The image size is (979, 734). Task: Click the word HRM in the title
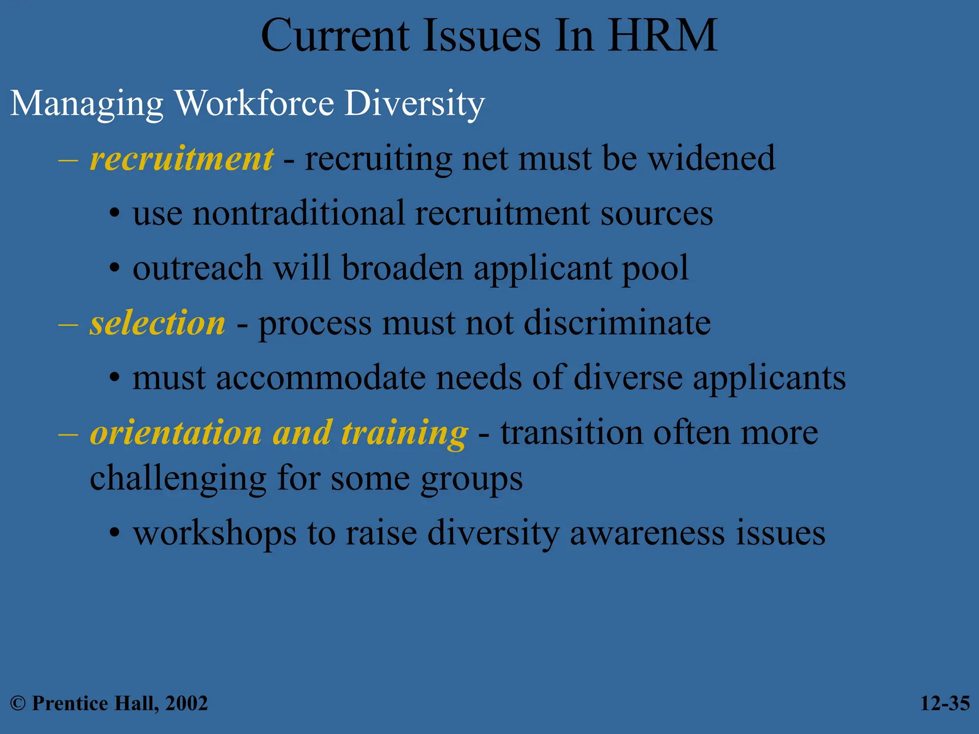click(x=662, y=36)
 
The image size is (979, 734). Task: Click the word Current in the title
click(x=335, y=36)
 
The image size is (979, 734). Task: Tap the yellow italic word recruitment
click(x=182, y=159)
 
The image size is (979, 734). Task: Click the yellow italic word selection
click(x=157, y=324)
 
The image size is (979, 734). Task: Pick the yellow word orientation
click(x=175, y=433)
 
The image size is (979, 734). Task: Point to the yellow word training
click(x=404, y=433)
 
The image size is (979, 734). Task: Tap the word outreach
click(x=197, y=268)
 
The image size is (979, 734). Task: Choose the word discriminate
click(x=617, y=324)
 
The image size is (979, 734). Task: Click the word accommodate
click(x=320, y=378)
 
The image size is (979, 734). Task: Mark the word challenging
click(x=178, y=479)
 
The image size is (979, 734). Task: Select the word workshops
click(x=215, y=534)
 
